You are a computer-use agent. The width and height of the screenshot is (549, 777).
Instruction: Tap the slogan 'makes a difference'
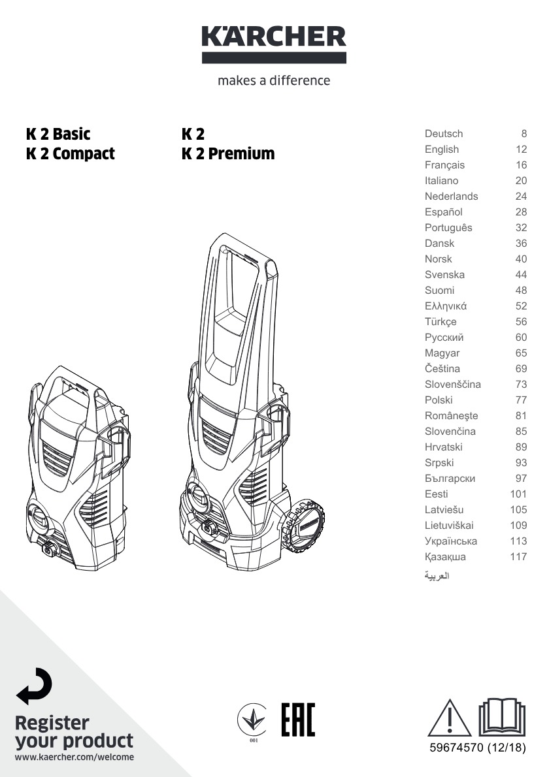coord(274,80)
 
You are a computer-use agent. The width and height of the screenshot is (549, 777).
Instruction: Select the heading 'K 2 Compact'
coord(70,153)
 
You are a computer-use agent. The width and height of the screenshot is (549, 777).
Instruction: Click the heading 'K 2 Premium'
coord(228,153)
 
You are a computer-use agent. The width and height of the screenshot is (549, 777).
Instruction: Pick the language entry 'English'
coord(441,149)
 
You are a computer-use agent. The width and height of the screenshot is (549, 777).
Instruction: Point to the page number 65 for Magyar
coord(521,353)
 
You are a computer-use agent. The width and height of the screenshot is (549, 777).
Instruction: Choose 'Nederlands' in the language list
coord(452,197)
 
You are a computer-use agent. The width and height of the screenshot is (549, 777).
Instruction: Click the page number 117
coord(518,556)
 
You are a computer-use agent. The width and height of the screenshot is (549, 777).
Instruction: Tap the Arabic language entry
coord(437,575)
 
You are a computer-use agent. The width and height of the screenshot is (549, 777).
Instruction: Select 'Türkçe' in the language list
coord(441,322)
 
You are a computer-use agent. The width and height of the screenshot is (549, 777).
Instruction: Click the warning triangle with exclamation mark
coord(449,718)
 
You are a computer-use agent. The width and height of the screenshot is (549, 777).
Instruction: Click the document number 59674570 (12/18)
coord(478,747)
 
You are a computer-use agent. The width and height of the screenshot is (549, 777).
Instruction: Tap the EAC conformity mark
coord(298,720)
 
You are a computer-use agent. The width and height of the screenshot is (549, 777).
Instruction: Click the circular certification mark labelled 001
coord(252,720)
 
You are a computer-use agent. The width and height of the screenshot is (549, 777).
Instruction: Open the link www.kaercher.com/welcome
coord(75,757)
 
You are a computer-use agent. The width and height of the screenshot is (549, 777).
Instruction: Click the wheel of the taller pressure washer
coord(303,525)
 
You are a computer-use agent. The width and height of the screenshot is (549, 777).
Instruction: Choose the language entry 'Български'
coord(450,478)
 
